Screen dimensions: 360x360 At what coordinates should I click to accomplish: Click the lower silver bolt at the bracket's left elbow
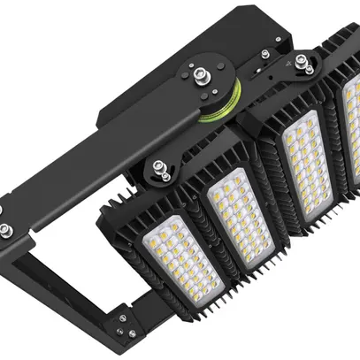click(7, 232)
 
